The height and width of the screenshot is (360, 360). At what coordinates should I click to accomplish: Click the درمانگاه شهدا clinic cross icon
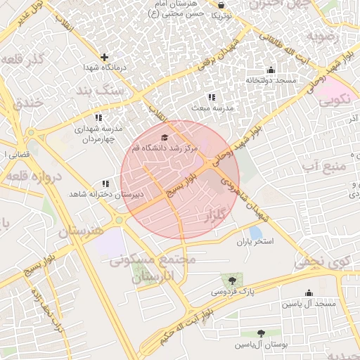[x=105, y=57]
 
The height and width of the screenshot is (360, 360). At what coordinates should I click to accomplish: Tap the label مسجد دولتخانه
[x=271, y=80]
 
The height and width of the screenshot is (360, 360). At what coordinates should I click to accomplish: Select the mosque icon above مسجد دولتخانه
[x=271, y=70]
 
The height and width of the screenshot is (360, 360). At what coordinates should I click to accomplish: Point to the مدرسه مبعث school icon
[x=212, y=98]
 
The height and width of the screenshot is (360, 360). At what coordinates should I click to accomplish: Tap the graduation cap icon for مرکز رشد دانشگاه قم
[x=165, y=138]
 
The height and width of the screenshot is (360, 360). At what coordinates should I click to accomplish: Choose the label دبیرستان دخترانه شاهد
[x=106, y=193]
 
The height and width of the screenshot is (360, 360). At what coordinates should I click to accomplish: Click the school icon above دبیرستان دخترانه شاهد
[x=105, y=183]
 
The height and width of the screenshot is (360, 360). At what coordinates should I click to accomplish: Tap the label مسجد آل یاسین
[x=309, y=304]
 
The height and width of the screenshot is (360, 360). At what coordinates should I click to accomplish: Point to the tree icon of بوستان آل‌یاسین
[x=261, y=333]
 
